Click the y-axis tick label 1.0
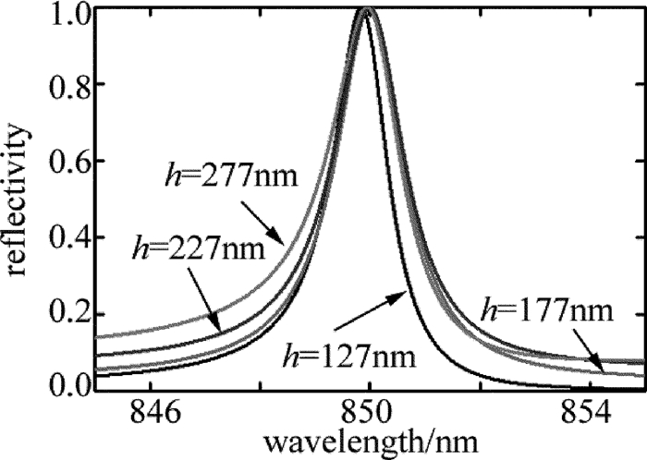[x=67, y=15]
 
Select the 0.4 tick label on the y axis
[x=67, y=238]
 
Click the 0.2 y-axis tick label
[x=67, y=312]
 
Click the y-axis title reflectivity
[x=20, y=198]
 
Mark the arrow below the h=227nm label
[x=205, y=310]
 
